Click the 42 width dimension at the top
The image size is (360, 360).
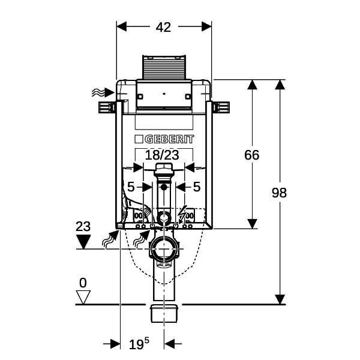(163, 27)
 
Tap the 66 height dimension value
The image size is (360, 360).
(251, 155)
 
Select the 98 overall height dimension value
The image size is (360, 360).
(279, 193)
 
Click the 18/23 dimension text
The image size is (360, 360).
(162, 155)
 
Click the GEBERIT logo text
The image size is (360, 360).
(164, 139)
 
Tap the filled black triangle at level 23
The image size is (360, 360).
(83, 242)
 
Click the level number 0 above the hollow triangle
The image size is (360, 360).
(83, 283)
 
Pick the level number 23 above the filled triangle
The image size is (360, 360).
(83, 226)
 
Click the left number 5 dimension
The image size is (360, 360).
(131, 187)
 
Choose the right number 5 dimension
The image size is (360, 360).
(197, 187)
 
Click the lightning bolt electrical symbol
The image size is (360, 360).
(183, 215)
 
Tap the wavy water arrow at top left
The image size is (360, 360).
(103, 92)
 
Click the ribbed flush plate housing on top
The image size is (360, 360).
(164, 67)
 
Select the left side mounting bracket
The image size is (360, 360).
(107, 107)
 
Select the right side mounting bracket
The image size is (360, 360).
(221, 107)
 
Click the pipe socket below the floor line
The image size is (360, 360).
(164, 314)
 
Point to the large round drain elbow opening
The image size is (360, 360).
(164, 250)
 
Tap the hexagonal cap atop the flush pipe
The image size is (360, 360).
(164, 168)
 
